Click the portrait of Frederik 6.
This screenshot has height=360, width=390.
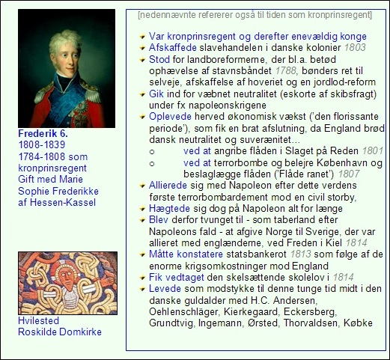(x=66, y=68)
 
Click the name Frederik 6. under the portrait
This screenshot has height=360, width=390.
(x=43, y=133)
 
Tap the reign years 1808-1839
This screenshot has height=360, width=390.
(x=41, y=144)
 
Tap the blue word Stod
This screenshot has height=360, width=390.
(x=159, y=58)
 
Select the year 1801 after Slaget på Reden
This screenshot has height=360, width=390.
(x=372, y=150)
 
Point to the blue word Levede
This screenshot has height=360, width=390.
(x=164, y=288)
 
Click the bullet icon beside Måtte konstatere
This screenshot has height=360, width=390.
(x=141, y=254)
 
